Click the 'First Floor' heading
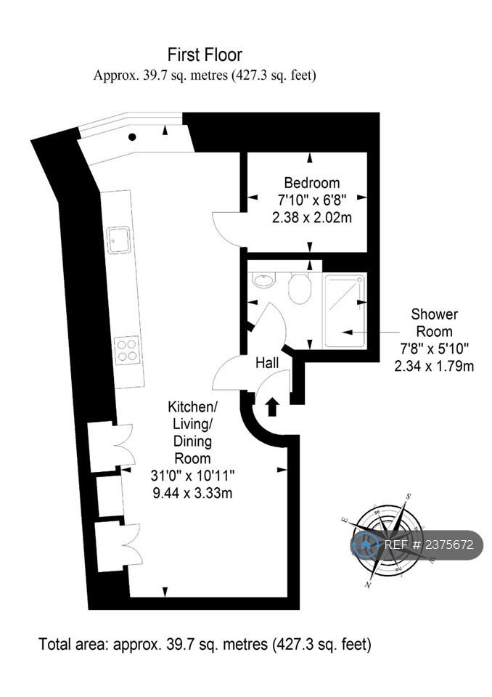click(x=205, y=54)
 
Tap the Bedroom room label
click(x=312, y=183)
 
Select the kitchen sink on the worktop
click(x=119, y=240)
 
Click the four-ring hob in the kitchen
click(x=126, y=350)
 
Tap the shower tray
click(x=345, y=311)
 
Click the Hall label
click(x=267, y=363)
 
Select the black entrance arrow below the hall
click(x=272, y=407)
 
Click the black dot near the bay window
click(x=132, y=137)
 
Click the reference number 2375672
click(x=449, y=545)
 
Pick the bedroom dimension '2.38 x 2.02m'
click(x=312, y=218)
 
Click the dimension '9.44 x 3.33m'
click(x=192, y=493)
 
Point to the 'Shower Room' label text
click(x=434, y=322)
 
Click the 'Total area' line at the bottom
click(x=205, y=644)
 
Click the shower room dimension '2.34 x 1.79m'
click(x=434, y=366)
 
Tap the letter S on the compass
click(x=409, y=496)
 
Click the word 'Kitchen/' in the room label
click(x=192, y=407)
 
